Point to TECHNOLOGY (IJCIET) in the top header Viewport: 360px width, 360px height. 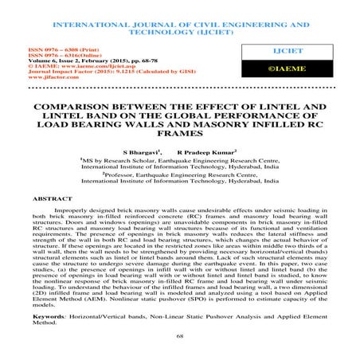pos(179,24)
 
